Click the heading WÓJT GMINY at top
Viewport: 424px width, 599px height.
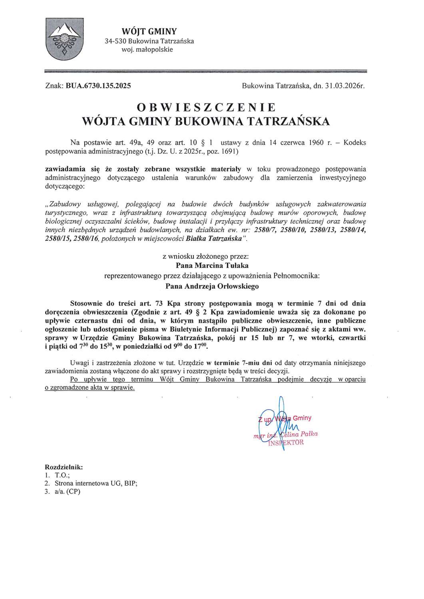click(x=149, y=32)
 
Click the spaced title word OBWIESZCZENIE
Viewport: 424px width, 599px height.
click(x=206, y=107)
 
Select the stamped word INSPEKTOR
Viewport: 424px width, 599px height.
click(x=286, y=442)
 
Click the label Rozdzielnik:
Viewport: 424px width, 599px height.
click(x=64, y=466)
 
